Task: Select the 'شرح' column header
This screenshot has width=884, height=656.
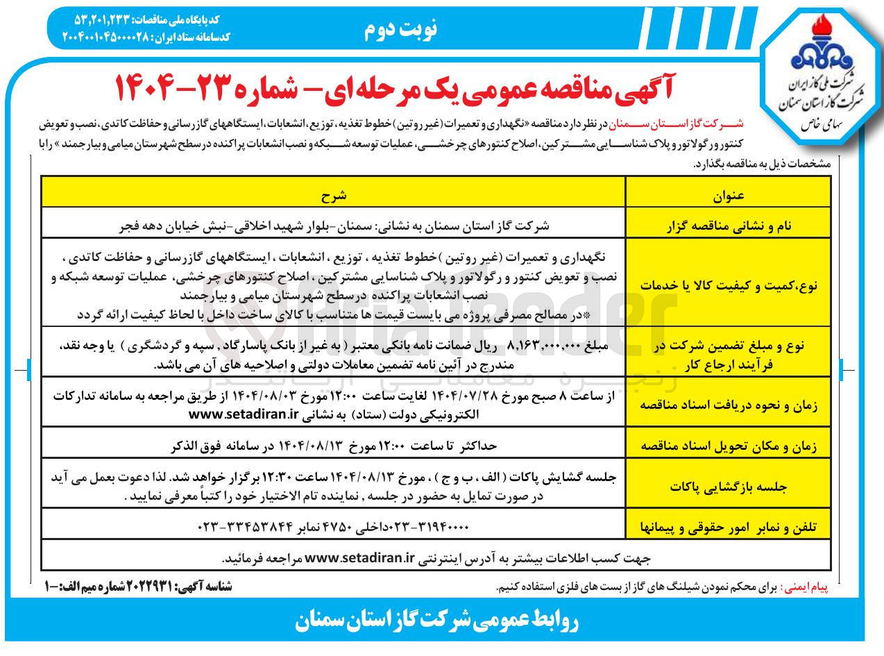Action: [333, 196]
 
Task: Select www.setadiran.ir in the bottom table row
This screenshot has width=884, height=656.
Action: [360, 557]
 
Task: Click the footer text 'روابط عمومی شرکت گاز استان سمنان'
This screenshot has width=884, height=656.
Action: [436, 621]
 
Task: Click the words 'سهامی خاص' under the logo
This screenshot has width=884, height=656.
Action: [820, 127]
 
